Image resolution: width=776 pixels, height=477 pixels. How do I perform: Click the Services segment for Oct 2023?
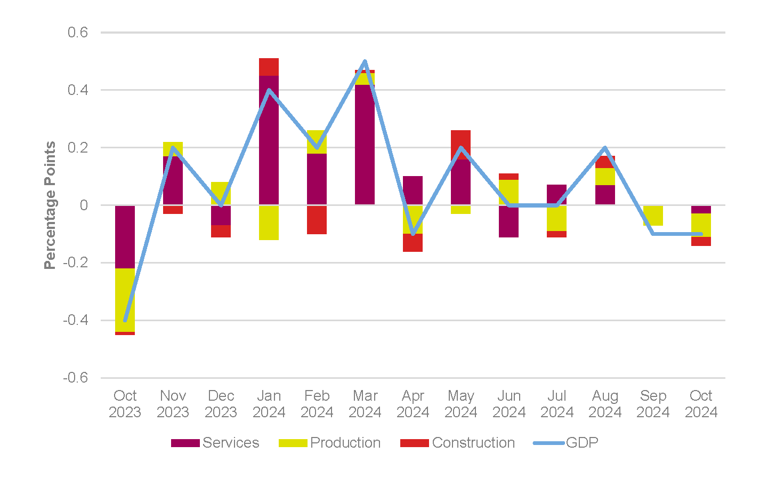125,236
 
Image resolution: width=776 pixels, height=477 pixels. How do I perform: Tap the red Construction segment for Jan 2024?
269,67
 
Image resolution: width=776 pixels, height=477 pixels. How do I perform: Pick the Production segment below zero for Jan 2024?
269,222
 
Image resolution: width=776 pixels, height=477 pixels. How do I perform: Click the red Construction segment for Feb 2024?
317,220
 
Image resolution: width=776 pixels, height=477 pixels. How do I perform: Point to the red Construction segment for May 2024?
460,141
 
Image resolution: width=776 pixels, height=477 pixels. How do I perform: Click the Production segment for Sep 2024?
653,216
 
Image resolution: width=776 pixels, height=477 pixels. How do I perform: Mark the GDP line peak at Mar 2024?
365,61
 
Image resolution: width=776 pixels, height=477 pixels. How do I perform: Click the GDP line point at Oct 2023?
125,320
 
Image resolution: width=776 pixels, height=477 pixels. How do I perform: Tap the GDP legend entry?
566,443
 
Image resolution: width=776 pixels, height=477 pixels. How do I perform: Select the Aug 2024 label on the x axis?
605,404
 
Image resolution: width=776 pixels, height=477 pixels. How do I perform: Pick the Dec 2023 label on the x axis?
221,404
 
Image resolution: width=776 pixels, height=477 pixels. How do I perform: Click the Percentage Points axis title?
50,205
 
